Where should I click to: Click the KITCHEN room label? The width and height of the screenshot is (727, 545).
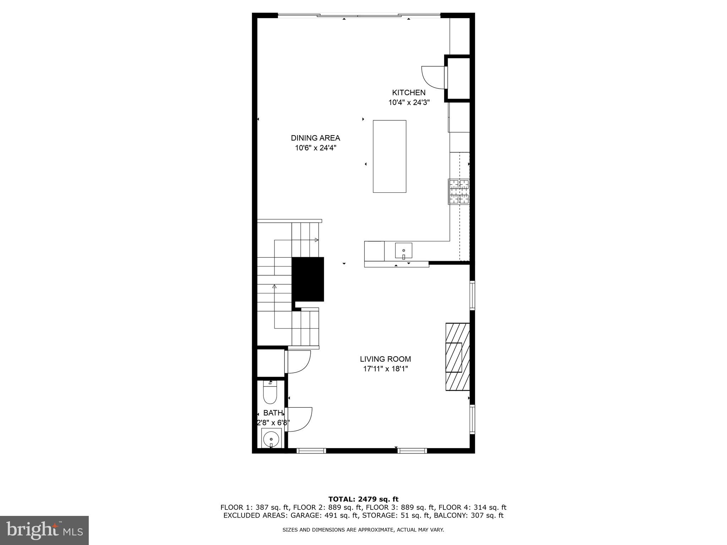coord(409,93)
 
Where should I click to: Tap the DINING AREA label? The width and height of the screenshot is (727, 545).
coord(315,138)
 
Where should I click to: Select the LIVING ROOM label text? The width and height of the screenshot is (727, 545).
coord(385,359)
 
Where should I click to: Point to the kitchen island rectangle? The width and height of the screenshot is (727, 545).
coord(389,156)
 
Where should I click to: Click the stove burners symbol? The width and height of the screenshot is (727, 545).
coord(459,192)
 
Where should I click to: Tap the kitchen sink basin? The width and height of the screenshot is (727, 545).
coord(404,251)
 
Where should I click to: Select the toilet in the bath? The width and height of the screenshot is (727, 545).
coord(270,393)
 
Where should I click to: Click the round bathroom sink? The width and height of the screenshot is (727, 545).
coord(271,439)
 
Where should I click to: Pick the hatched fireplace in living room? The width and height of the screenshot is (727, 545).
coord(458,357)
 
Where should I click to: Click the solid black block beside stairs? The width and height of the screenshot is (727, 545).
coord(308,279)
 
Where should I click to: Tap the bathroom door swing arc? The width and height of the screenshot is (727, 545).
coord(299,420)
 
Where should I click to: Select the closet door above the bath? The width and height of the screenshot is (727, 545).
coord(298,362)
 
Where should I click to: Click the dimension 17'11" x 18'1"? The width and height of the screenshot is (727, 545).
coord(385,369)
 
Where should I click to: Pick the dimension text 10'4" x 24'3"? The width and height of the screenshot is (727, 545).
coord(409,103)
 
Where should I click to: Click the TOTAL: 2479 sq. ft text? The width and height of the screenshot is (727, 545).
coord(363,499)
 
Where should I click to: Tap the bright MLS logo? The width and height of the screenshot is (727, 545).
coord(44,530)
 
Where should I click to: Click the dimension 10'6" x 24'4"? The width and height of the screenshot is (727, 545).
coord(315,148)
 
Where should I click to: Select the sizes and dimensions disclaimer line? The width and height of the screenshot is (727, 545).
coord(363,530)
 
